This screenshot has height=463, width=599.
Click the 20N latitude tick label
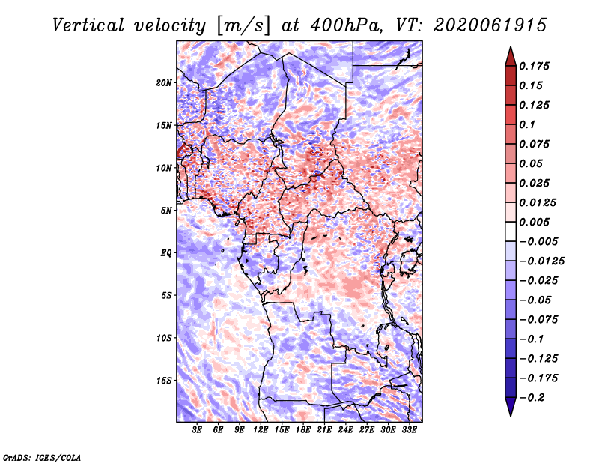163,83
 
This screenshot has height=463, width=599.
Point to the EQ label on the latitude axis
166,253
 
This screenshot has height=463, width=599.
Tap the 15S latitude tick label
163,381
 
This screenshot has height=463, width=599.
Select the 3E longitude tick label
197,429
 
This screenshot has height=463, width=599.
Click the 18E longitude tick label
303,429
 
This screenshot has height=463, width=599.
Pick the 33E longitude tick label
409,429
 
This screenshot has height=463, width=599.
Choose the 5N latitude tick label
166,211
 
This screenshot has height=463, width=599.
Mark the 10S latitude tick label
163,338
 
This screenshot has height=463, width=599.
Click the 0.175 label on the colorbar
534,66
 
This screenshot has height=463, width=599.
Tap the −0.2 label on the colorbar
532,398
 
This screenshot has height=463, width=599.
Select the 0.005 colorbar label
534,222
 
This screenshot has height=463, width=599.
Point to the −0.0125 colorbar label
541,261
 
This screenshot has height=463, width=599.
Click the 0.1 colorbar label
527,124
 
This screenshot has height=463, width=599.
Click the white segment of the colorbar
511,231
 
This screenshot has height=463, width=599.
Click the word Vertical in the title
88,25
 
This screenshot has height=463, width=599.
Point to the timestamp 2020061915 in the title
490,25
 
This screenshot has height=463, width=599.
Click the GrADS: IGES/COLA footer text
42,457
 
